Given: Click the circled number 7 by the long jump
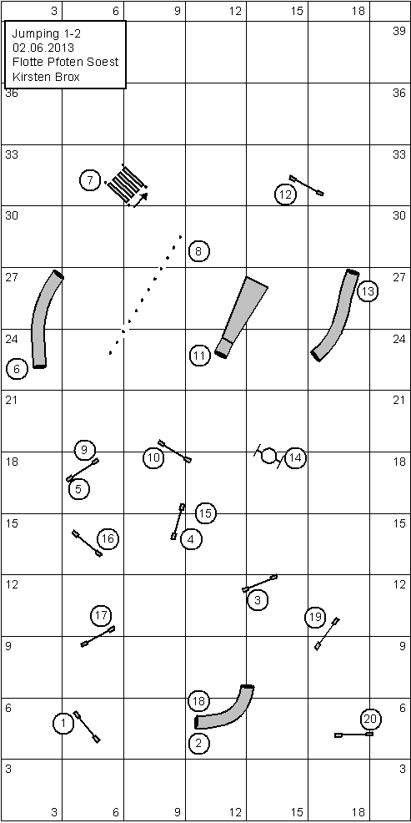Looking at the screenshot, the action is pyautogui.click(x=90, y=181).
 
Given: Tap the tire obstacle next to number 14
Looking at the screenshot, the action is pyautogui.click(x=269, y=456).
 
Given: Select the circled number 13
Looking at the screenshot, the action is pyautogui.click(x=368, y=290).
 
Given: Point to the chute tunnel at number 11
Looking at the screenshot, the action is pyautogui.click(x=241, y=317).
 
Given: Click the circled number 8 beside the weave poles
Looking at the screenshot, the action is pyautogui.click(x=198, y=251).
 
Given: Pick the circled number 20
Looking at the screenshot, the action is pyautogui.click(x=371, y=719).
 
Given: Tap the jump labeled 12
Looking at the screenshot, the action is pyautogui.click(x=306, y=185).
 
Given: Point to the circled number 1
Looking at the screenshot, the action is pyautogui.click(x=63, y=725).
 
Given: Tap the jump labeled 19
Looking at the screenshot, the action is pyautogui.click(x=327, y=634).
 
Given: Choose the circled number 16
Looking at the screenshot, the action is pyautogui.click(x=108, y=538).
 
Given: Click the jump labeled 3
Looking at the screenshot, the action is pyautogui.click(x=259, y=583).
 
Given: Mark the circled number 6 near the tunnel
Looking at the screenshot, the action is pyautogui.click(x=16, y=370).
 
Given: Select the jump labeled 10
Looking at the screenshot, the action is pyautogui.click(x=174, y=452).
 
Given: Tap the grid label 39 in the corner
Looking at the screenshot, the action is pyautogui.click(x=399, y=31).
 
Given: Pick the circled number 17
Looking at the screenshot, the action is pyautogui.click(x=102, y=615).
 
